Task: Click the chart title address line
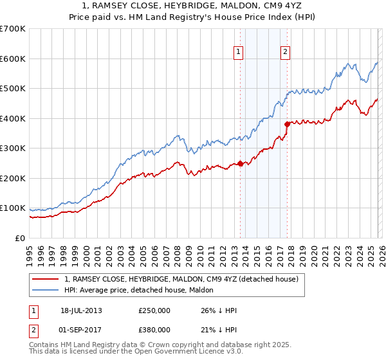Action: point(193,6)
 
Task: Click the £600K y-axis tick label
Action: point(13,59)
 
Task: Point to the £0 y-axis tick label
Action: point(20,238)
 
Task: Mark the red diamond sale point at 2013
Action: point(240,163)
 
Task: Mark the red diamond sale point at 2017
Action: point(287,124)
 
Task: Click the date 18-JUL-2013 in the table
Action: point(81,310)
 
